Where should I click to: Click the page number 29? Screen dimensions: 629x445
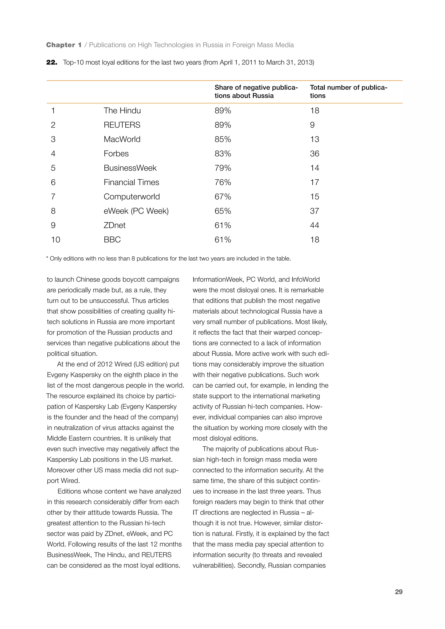click(x=399, y=592)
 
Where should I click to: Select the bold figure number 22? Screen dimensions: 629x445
click(x=51, y=63)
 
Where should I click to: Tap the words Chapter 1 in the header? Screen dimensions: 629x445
click(x=64, y=45)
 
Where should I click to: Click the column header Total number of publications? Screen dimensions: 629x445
click(x=348, y=91)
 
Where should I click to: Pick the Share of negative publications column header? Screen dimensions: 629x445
click(x=256, y=91)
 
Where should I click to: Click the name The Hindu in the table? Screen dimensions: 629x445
click(x=122, y=111)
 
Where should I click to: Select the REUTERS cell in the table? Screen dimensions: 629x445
click(x=122, y=125)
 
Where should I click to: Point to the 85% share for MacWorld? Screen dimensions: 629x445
click(x=222, y=139)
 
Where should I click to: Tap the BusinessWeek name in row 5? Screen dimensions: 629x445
click(x=130, y=168)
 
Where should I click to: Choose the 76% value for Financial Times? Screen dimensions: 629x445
click(x=222, y=182)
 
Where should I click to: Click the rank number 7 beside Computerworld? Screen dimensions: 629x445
click(x=53, y=197)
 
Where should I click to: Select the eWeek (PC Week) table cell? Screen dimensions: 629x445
click(x=136, y=211)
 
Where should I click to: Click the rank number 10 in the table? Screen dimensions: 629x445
click(x=55, y=240)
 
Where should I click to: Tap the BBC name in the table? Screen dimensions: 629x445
click(x=112, y=240)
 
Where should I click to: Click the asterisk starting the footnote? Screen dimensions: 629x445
click(x=47, y=258)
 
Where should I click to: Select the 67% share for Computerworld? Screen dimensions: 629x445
click(x=222, y=197)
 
